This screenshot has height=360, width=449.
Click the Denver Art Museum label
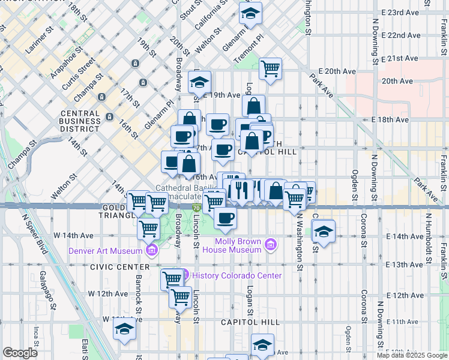pyautogui.click(x=106, y=251)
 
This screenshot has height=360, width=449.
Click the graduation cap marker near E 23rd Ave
pyautogui.click(x=251, y=13)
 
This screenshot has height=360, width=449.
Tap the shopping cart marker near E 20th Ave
pyautogui.click(x=271, y=68)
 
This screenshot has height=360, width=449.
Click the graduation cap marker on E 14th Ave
pyautogui.click(x=324, y=232)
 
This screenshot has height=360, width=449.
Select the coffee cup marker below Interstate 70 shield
pyautogui.click(x=225, y=219)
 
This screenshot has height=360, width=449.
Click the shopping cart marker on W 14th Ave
pyautogui.click(x=148, y=229)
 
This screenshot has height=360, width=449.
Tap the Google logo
pyautogui.click(x=20, y=353)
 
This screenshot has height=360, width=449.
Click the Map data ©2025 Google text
pyautogui.click(x=412, y=355)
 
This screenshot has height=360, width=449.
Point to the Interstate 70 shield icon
pyautogui.click(x=196, y=208)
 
